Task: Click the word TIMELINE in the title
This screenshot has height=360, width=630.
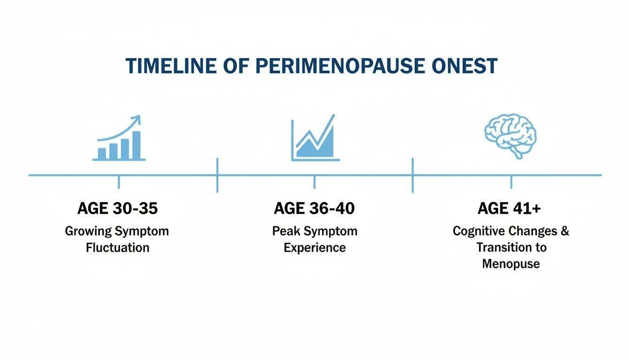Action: [171, 66]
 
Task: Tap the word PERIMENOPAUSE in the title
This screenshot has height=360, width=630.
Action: [340, 66]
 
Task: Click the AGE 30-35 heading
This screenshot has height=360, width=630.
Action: [118, 209]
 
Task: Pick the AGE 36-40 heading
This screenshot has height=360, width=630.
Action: [314, 209]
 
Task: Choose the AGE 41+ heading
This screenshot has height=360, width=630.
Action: [510, 209]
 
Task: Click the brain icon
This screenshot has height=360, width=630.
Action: [510, 136]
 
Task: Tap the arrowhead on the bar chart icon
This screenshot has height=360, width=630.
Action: [137, 119]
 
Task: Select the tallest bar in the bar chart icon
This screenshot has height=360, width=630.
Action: [136, 145]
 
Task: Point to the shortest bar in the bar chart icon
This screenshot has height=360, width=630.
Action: [102, 154]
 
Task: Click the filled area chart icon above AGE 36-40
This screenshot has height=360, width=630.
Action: [315, 138]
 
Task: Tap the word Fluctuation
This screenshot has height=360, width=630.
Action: [118, 248]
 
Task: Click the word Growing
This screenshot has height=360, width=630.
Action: [88, 232]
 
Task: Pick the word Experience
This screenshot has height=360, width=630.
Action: [315, 248]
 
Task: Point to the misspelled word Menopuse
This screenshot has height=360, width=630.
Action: [511, 264]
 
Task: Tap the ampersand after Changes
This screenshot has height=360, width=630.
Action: [565, 231]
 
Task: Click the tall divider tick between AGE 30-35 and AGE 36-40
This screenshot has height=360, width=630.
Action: [217, 175]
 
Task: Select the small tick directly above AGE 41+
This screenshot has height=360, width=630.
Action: [511, 182]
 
